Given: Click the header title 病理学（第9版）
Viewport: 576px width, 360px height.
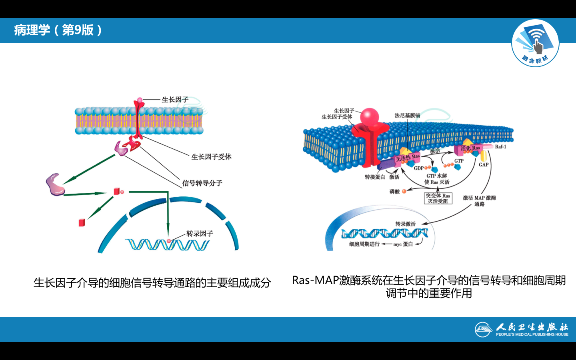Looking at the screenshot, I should (x=58, y=30).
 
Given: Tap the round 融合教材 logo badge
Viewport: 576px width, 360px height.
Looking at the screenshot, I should (x=535, y=43).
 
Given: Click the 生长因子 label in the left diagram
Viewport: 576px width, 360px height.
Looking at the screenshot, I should (x=175, y=100).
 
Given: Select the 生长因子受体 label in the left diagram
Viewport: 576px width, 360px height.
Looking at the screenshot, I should (x=211, y=157).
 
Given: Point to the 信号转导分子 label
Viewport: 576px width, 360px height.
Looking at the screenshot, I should (x=202, y=183).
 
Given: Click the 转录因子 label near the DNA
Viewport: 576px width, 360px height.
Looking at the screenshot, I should (x=200, y=234).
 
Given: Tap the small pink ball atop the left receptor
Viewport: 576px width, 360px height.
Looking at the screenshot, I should (x=140, y=100).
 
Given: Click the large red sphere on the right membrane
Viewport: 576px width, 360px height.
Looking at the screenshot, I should (x=369, y=116).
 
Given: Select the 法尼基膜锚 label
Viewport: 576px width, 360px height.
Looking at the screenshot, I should (x=407, y=115).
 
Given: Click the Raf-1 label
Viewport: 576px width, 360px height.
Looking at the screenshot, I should (x=500, y=147).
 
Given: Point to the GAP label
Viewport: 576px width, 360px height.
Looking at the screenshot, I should (x=484, y=164).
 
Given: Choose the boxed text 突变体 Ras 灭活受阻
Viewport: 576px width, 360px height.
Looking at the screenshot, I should (x=438, y=198).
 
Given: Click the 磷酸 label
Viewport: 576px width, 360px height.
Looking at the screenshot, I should (x=394, y=192).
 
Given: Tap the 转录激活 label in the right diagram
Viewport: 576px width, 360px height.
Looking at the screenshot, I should (x=405, y=224).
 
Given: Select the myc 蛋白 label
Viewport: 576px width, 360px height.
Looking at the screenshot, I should (x=403, y=244).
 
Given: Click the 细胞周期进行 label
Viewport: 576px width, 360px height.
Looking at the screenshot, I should (x=364, y=244).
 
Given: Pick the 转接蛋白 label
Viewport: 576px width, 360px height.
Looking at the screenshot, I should (x=375, y=177).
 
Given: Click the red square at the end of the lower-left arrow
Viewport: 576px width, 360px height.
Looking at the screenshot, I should (x=82, y=222).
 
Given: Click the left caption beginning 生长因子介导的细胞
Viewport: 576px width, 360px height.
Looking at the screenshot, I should (x=152, y=283).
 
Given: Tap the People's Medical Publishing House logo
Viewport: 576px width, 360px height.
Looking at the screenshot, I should (x=522, y=330).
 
